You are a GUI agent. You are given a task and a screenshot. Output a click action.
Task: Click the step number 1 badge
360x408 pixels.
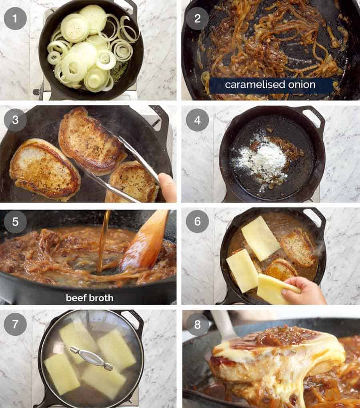coord(15,18)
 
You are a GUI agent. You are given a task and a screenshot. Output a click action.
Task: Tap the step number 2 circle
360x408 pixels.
coord(197,18)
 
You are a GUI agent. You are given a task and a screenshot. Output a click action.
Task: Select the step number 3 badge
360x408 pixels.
coord(15,119)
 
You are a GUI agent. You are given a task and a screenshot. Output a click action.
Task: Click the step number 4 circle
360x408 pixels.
coord(197,119)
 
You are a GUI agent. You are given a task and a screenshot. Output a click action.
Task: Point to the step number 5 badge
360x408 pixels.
coord(15,221)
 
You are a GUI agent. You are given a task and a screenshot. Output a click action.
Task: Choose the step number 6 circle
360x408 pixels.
coord(197,221)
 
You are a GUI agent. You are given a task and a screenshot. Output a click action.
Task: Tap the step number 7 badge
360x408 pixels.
coord(15,324)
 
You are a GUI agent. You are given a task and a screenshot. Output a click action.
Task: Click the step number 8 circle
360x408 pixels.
coord(197,324)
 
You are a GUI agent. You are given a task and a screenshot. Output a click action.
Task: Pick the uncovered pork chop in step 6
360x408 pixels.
coord(298,248)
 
